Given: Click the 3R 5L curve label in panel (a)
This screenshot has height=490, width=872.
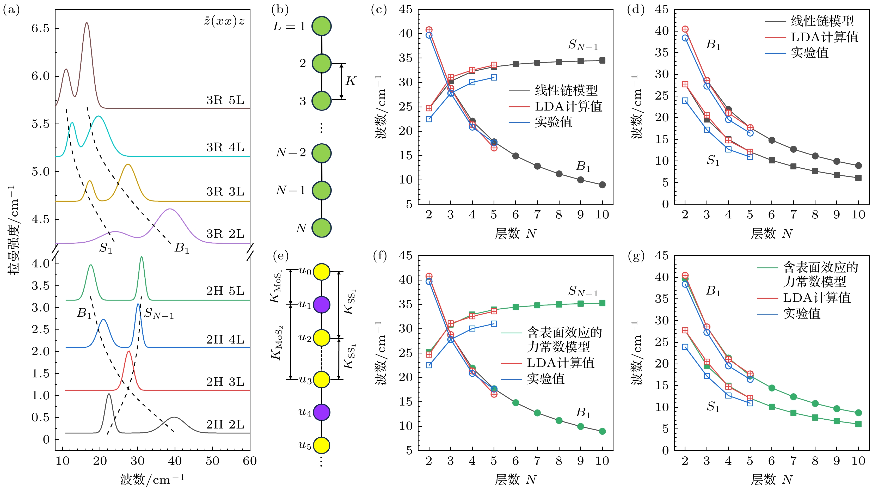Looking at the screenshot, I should pyautogui.click(x=225, y=100).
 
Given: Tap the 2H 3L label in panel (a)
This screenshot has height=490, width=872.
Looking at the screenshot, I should pyautogui.click(x=225, y=382).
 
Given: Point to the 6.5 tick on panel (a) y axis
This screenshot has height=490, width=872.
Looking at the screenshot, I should pyautogui.click(x=41, y=28).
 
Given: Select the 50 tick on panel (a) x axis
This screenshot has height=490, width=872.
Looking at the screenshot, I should pyautogui.click(x=212, y=461).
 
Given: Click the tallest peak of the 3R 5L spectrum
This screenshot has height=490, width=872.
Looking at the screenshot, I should pyautogui.click(x=87, y=23).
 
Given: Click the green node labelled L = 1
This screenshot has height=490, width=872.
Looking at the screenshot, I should pyautogui.click(x=321, y=26).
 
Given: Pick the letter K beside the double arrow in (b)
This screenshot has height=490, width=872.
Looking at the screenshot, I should pyautogui.click(x=350, y=81).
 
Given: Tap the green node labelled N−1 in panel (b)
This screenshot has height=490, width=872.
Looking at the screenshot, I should pyautogui.click(x=321, y=190).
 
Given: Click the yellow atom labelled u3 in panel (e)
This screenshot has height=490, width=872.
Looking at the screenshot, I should pyautogui.click(x=321, y=379).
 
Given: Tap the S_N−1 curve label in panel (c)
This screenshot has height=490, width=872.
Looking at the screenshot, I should pyautogui.click(x=583, y=45).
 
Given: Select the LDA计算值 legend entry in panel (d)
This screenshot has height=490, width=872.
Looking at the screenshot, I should pyautogui.click(x=824, y=37).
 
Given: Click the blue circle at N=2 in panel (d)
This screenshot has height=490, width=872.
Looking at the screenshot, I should pyautogui.click(x=685, y=38).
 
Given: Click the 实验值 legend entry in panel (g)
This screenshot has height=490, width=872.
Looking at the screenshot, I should pyautogui.click(x=802, y=314).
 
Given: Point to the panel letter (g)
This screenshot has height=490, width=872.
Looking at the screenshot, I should pyautogui.click(x=636, y=256).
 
